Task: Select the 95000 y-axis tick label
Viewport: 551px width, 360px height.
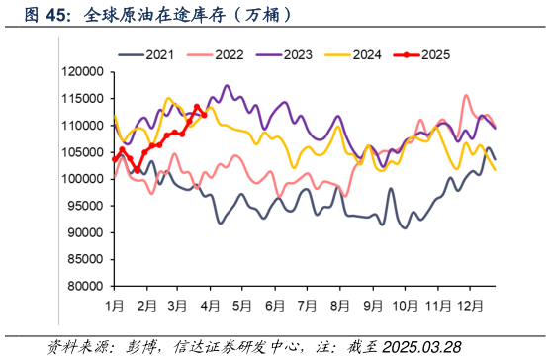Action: [x=84, y=206]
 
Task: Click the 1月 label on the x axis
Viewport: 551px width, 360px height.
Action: [x=115, y=307]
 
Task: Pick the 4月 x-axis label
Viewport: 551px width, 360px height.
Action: [x=210, y=307]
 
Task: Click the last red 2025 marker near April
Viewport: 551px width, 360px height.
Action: [x=203, y=115]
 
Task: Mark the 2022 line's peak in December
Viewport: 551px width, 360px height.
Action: [x=466, y=96]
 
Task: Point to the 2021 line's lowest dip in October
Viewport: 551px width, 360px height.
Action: [x=405, y=227]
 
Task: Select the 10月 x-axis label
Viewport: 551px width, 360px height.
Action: [x=404, y=307]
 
